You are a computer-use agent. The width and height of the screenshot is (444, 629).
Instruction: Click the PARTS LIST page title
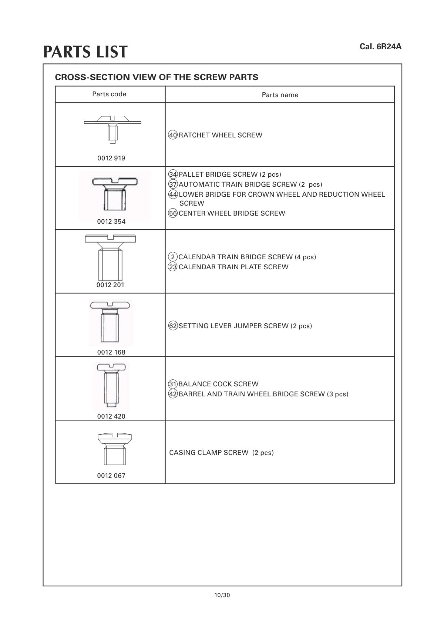[x=85, y=52]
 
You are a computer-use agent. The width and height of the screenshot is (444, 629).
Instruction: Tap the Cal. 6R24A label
[x=380, y=47]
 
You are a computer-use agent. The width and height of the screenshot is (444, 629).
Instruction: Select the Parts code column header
[x=109, y=94]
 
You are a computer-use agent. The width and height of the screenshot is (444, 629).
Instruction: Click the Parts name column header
[x=280, y=95]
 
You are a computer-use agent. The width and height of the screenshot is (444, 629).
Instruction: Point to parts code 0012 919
[x=111, y=158]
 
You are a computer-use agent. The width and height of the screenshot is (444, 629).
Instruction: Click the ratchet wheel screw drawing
[x=112, y=128]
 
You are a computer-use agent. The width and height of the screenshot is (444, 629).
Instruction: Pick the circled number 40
[x=173, y=135]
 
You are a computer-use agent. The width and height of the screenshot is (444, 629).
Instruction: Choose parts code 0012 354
[x=111, y=222]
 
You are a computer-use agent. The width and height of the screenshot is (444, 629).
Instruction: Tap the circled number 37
[x=173, y=184]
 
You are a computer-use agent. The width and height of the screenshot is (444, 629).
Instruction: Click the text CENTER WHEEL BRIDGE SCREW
[x=232, y=213]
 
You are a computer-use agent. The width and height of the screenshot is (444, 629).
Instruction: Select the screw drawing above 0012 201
[x=110, y=257]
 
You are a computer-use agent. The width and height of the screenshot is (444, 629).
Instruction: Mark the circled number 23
[x=173, y=267]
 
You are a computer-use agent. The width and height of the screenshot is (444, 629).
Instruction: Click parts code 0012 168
[x=111, y=352]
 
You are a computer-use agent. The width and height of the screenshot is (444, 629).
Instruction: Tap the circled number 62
[x=173, y=326]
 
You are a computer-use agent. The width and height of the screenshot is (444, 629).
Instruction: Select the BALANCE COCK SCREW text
[x=218, y=384]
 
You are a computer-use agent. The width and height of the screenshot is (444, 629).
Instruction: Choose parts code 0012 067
[x=111, y=476]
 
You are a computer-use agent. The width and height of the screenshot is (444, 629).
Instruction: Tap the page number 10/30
[x=222, y=595]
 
